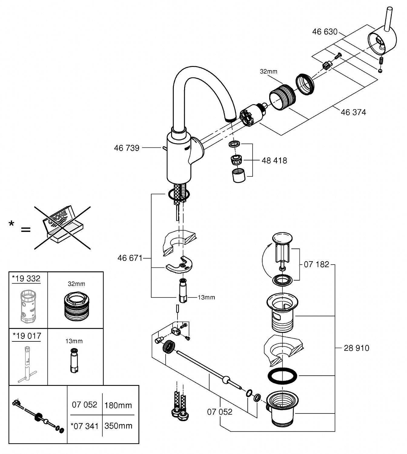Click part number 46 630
point(325,31)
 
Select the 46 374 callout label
point(353,112)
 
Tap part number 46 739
point(127,148)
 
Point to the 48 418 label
point(274,160)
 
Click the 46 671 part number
point(130,258)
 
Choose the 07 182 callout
point(316,265)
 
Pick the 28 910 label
point(356,348)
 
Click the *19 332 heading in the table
point(26,278)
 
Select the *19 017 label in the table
point(27,336)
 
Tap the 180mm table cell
point(118,405)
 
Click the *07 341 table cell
point(84,426)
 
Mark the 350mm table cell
point(118,426)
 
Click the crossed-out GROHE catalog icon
point(62,228)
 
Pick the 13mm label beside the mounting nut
point(206,297)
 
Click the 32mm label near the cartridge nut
point(268,71)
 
